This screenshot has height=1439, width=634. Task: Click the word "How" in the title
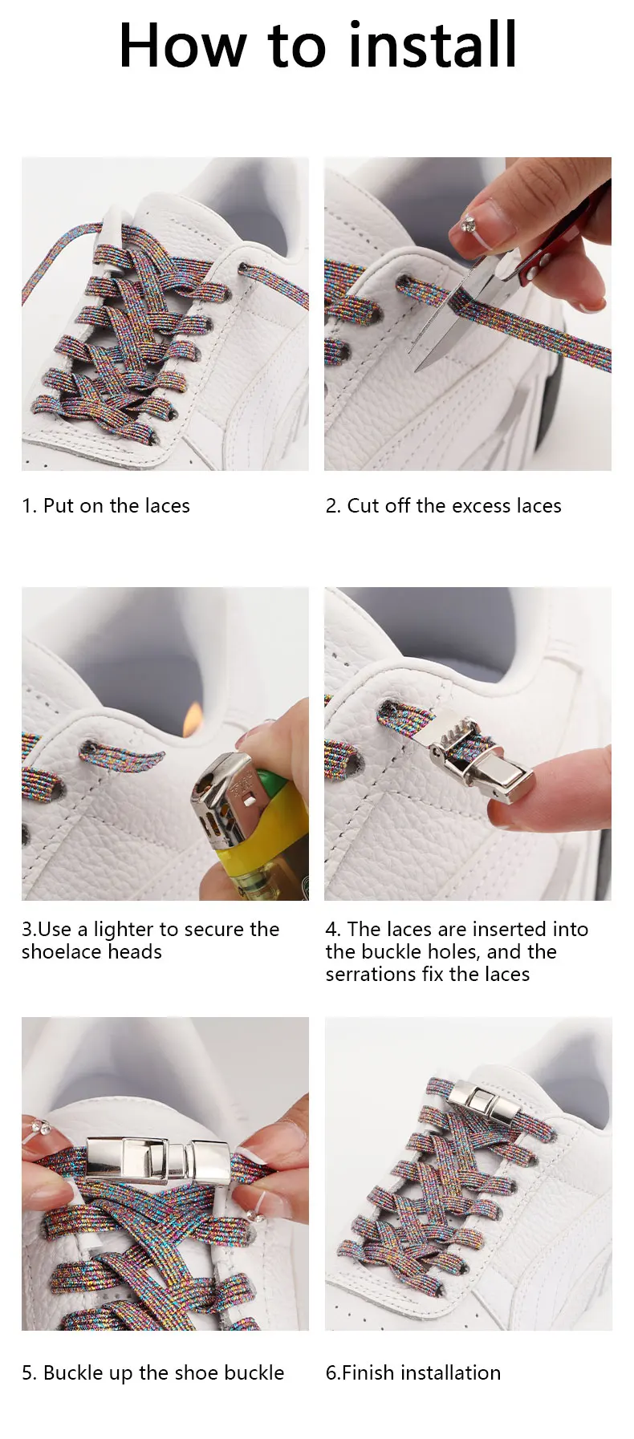(183, 46)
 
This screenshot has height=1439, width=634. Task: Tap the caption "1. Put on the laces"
(106, 506)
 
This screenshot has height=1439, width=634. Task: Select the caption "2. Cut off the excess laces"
(443, 506)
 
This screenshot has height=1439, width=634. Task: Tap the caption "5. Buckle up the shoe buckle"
(152, 1373)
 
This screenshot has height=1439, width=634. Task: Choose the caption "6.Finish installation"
(413, 1373)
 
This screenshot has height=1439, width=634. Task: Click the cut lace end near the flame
(152, 756)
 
